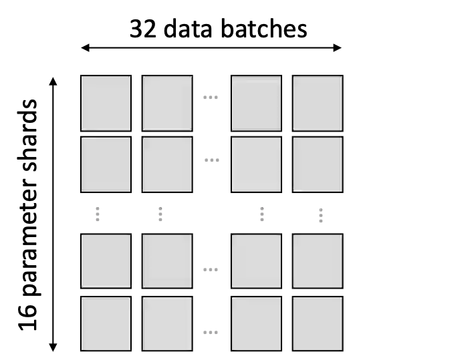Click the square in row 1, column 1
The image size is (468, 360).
point(106,103)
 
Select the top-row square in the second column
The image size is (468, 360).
point(167,103)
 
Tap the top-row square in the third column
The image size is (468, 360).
point(257,103)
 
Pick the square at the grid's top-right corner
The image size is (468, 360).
point(318,103)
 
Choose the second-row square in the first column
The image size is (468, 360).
point(106,164)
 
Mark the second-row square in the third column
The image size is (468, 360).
point(257,164)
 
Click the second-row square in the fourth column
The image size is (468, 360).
point(318,164)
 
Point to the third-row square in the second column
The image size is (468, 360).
point(167,260)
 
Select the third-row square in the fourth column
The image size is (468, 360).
point(318,260)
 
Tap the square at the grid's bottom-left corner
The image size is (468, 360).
point(106,323)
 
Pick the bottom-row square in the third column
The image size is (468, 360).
point(257,323)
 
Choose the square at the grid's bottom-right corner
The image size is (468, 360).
point(318,323)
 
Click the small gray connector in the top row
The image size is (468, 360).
point(211,96)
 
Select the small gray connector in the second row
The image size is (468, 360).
point(211,160)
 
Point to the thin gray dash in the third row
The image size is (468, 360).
point(211,270)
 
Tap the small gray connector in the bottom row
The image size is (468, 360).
point(211,331)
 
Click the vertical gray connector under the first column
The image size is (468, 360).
point(96,214)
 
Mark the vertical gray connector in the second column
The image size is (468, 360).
point(160,214)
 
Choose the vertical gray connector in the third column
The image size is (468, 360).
point(262,214)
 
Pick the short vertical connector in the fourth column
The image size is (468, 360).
point(321,216)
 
